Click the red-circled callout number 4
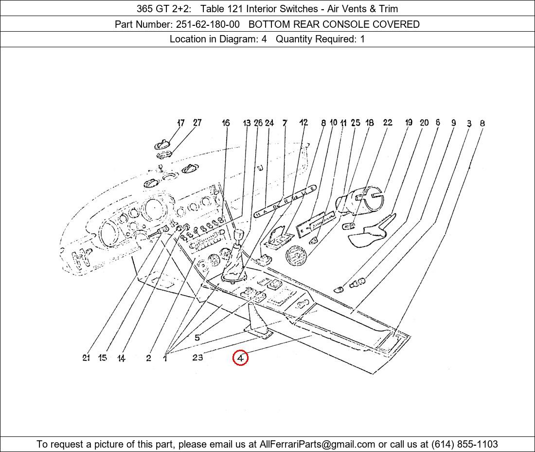(x=240, y=358)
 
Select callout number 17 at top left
(x=181, y=123)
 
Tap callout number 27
(x=197, y=123)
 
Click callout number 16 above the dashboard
(x=226, y=123)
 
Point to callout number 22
(x=388, y=123)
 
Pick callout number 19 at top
(x=409, y=123)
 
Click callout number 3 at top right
(x=469, y=124)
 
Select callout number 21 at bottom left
(x=86, y=358)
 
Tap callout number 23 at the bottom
(x=197, y=358)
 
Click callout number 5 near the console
(x=197, y=338)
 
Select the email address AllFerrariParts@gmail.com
(x=317, y=444)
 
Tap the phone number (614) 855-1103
(x=464, y=444)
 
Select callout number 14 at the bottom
(x=121, y=358)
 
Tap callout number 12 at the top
(x=303, y=123)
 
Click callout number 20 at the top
(x=424, y=123)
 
